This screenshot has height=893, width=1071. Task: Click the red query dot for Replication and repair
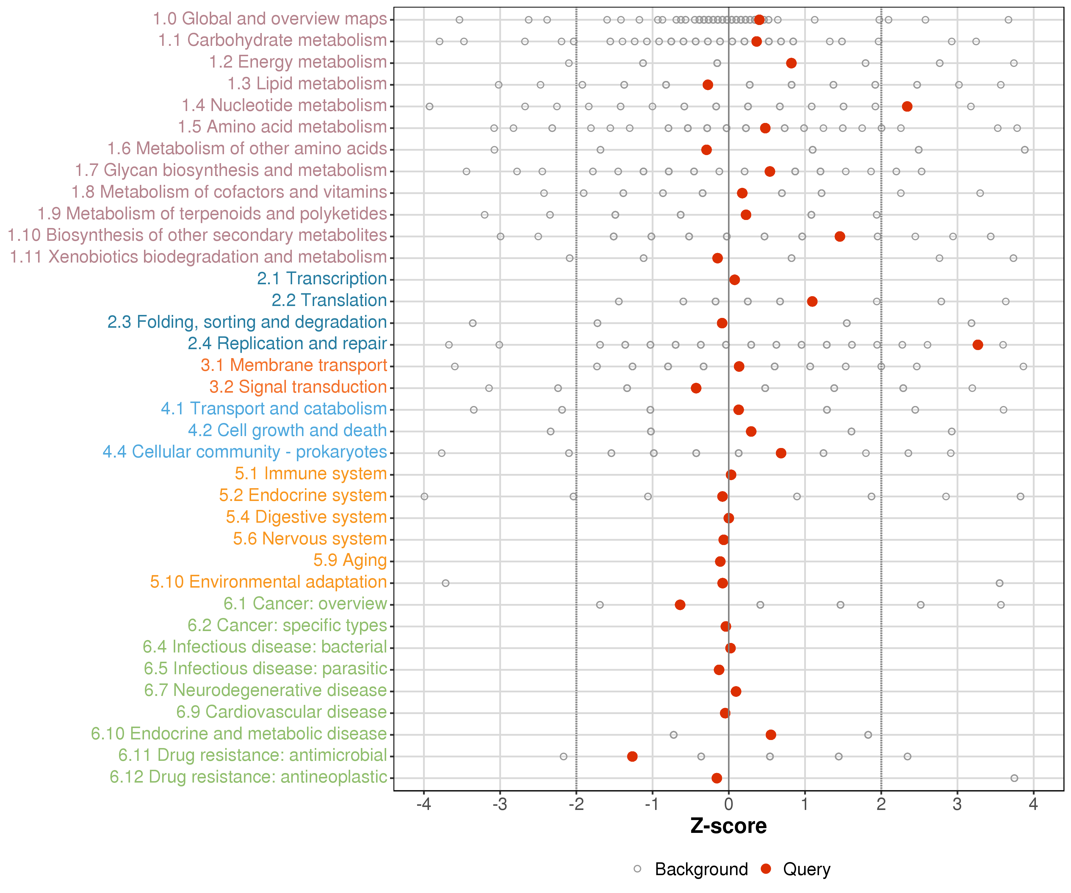(x=978, y=345)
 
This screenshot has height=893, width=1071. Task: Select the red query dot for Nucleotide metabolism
(x=907, y=106)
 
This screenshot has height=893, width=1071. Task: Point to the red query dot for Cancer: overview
(x=680, y=605)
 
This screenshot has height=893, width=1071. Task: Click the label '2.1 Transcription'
(x=322, y=279)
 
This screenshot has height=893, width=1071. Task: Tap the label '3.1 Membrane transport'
(x=294, y=365)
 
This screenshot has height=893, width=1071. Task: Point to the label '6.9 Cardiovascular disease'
(x=281, y=712)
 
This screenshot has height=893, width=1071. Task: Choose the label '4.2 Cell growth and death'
(x=287, y=430)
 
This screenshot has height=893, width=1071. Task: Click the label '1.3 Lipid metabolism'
(x=307, y=84)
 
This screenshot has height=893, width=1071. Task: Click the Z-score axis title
(x=728, y=826)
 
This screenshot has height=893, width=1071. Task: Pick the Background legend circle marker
(x=638, y=869)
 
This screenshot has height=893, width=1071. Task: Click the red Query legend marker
(x=765, y=869)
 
